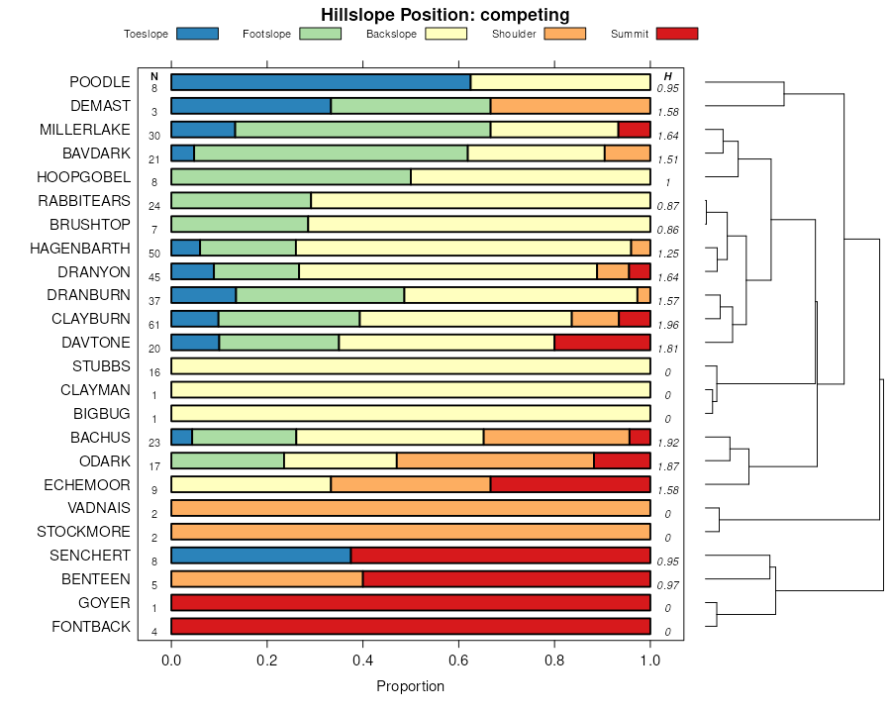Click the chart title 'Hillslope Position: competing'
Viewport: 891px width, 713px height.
[x=445, y=14]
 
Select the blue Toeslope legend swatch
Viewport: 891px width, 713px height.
[x=197, y=34]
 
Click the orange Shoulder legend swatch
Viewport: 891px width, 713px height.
[x=564, y=34]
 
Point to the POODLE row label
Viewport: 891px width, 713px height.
[x=99, y=82]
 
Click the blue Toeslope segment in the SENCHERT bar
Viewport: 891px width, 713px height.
[x=260, y=556]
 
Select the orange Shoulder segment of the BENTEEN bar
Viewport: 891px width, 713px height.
[x=266, y=579]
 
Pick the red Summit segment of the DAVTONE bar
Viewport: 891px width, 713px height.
[x=602, y=343]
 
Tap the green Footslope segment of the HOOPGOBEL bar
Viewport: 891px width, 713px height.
[x=291, y=177]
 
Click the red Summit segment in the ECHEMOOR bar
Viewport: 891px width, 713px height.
[x=570, y=484]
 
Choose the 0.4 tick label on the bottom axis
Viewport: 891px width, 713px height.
[x=363, y=660]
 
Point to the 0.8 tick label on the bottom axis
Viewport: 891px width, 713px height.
[x=554, y=660]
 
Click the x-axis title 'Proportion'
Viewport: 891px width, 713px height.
[x=411, y=686]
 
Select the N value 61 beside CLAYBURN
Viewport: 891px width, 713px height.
[x=154, y=325]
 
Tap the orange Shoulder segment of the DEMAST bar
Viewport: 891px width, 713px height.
[x=570, y=106]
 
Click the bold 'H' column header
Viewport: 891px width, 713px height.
[x=668, y=76]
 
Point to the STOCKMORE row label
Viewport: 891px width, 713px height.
[x=83, y=532]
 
